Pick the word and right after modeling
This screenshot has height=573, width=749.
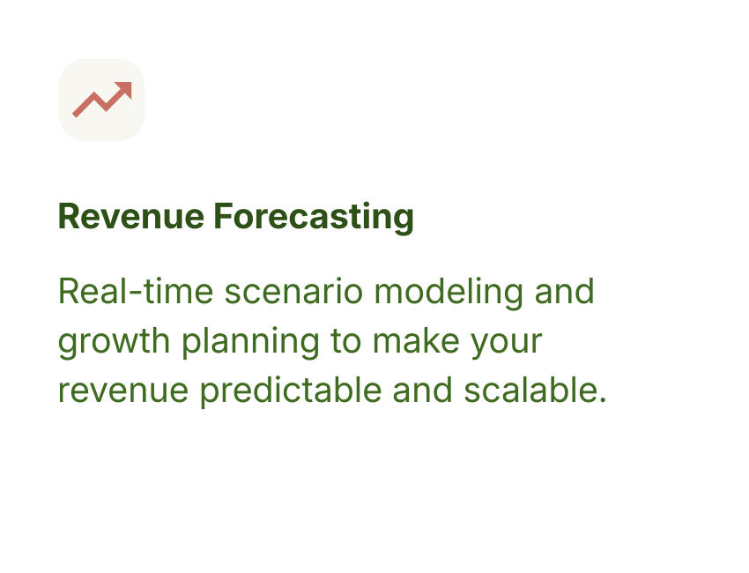pyautogui.click(x=564, y=291)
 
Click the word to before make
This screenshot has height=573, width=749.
pyautogui.click(x=346, y=341)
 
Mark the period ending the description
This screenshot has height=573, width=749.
pyautogui.click(x=603, y=400)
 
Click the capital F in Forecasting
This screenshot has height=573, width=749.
pyautogui.click(x=222, y=217)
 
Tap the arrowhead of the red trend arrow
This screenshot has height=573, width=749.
pyautogui.click(x=124, y=89)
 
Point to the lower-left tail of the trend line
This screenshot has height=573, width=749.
pyautogui.click(x=77, y=113)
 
